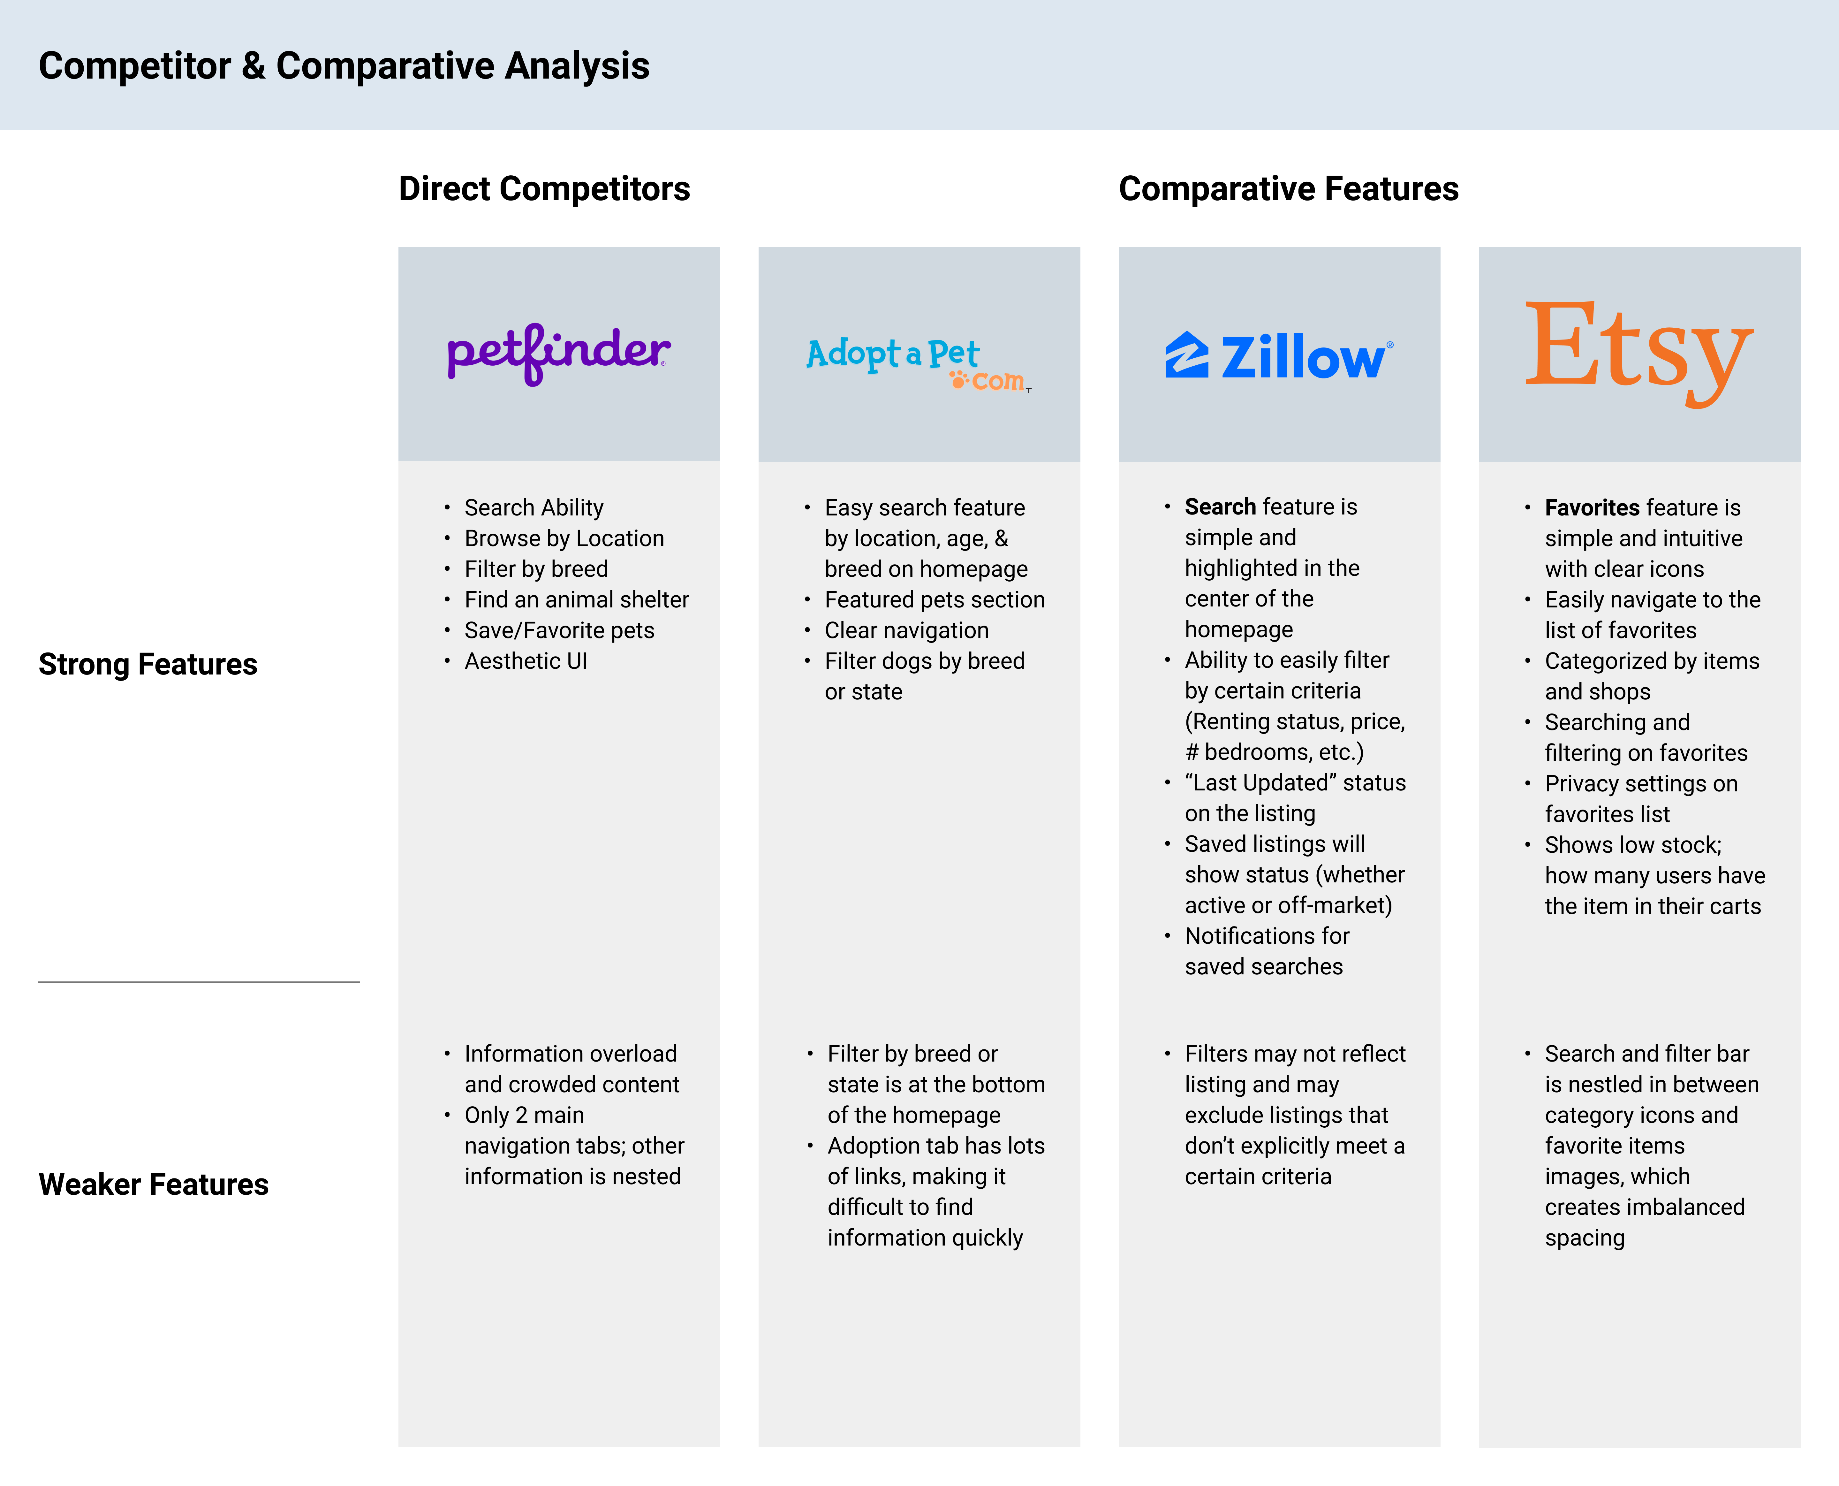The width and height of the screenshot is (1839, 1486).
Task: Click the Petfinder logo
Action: [558, 354]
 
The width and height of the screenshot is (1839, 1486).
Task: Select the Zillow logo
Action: [1278, 356]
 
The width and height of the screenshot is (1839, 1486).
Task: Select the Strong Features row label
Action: [148, 664]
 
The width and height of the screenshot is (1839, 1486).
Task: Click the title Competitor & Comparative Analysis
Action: [344, 66]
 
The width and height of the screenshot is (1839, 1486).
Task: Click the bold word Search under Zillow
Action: [1219, 507]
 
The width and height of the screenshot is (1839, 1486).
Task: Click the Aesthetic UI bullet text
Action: [526, 661]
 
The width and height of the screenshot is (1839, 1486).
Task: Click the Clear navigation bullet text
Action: [906, 630]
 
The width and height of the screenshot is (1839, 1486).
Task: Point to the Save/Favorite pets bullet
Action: [559, 630]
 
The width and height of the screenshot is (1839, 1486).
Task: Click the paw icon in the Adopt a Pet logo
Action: [958, 378]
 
